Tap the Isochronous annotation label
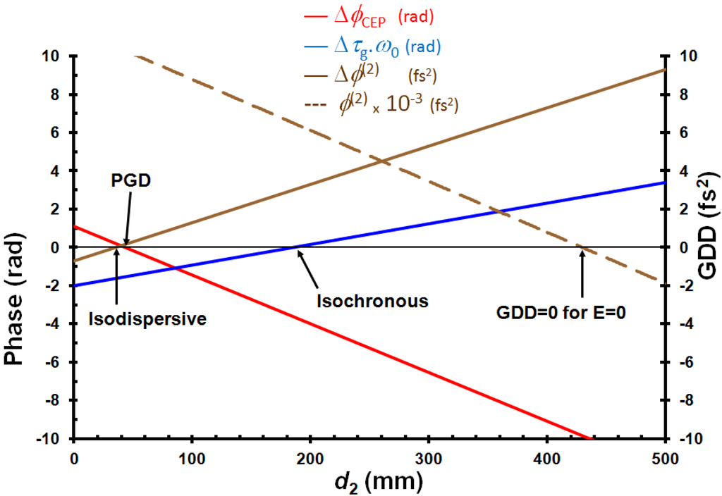(372, 302)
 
